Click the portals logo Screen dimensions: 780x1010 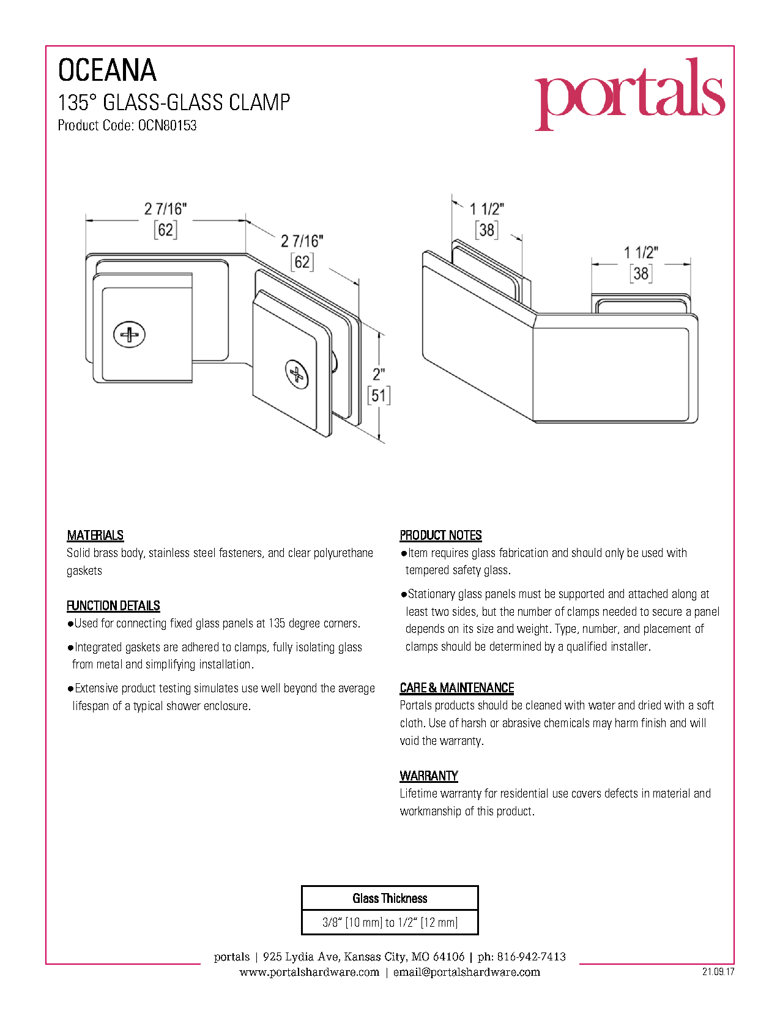click(x=630, y=94)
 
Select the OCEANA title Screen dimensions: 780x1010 click(x=107, y=70)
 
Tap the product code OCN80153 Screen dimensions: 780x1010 click(x=167, y=125)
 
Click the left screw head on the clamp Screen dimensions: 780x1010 click(x=129, y=334)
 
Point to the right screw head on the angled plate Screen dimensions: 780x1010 click(x=296, y=374)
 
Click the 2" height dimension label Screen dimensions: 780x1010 click(x=379, y=374)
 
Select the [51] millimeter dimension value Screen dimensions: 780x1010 click(x=379, y=395)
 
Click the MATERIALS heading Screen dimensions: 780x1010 click(x=95, y=535)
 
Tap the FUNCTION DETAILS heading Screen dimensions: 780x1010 click(x=113, y=605)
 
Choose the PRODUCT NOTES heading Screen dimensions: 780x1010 click(x=440, y=535)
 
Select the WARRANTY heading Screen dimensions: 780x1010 click(x=429, y=776)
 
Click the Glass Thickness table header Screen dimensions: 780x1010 click(x=390, y=899)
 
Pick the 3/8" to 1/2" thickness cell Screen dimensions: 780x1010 click(x=390, y=922)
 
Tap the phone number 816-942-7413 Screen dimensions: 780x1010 click(x=532, y=957)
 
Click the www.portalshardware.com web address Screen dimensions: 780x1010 click(x=310, y=972)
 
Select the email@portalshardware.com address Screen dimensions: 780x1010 click(x=466, y=972)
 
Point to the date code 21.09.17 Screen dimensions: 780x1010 click(x=718, y=971)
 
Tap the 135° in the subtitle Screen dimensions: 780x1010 click(x=73, y=102)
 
